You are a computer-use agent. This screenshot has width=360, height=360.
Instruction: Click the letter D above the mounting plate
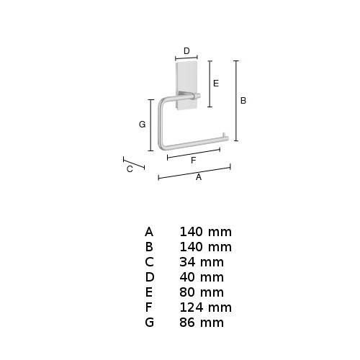click(x=186, y=51)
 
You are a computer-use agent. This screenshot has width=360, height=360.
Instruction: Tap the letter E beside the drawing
click(x=216, y=84)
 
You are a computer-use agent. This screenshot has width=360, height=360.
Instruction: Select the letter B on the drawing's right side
click(x=243, y=101)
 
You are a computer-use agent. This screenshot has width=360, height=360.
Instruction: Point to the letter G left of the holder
click(x=142, y=125)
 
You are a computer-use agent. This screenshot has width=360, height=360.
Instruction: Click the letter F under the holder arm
click(x=194, y=161)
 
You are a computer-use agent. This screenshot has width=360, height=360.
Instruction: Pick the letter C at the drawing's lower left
click(x=130, y=169)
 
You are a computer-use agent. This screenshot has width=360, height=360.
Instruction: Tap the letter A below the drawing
click(x=199, y=177)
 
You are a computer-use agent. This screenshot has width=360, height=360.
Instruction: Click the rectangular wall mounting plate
click(x=186, y=86)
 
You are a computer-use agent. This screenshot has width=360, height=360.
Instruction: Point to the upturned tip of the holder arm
click(x=225, y=136)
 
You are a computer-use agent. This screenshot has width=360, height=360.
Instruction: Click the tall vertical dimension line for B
click(x=236, y=101)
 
